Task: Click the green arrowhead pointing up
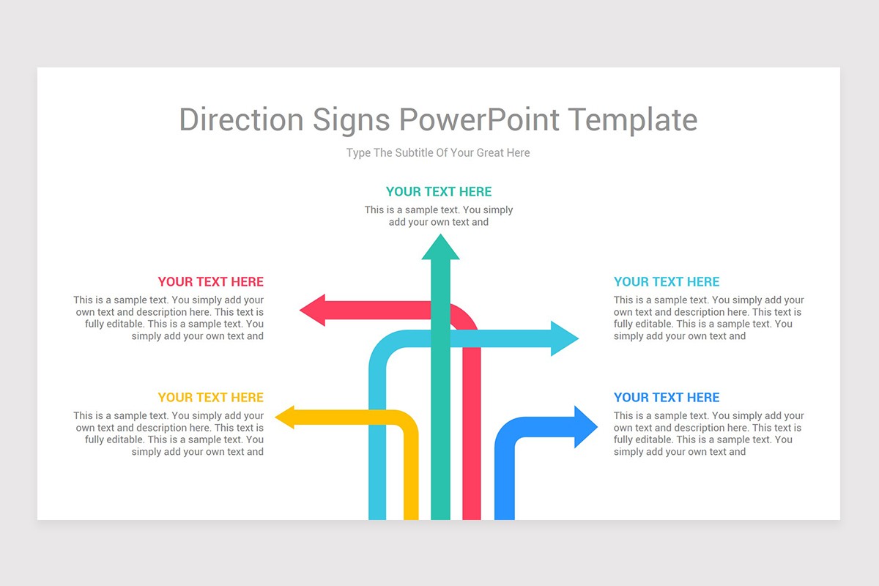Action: tap(440, 248)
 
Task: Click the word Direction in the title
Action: tap(241, 119)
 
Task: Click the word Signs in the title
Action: tap(352, 119)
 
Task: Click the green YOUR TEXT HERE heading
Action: tap(439, 192)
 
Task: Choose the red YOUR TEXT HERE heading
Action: tap(210, 282)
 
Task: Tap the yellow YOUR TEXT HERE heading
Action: tap(210, 398)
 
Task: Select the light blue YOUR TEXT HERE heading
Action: tap(667, 282)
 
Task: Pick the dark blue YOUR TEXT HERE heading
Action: tap(667, 398)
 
